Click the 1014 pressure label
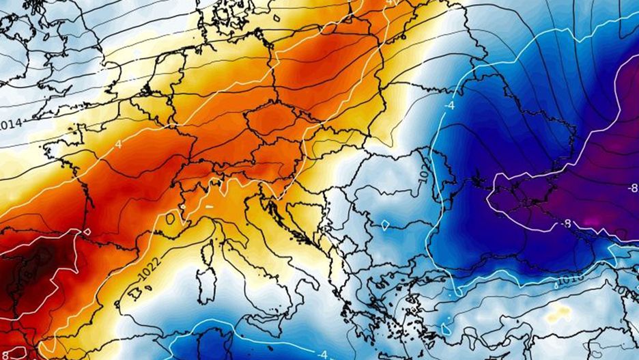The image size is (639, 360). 12,124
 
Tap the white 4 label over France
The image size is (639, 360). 118,145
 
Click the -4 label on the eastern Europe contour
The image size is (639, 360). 449,106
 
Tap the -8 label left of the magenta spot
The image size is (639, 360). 565,223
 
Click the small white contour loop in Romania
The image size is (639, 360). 386,224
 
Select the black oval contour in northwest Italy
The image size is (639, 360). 170,219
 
